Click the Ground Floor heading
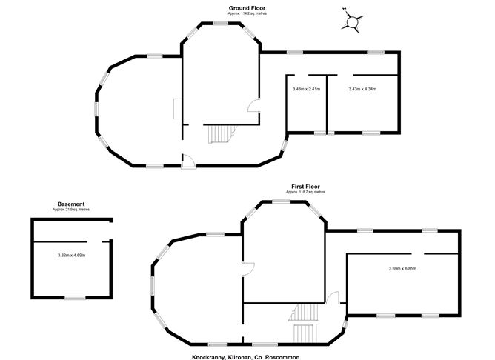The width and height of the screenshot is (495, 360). click(247, 8)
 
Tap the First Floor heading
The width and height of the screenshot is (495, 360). click(305, 187)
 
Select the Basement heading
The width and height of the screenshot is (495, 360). click(71, 204)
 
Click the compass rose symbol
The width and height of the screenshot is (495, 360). click(352, 21)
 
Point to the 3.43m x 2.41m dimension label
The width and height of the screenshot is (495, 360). click(306, 89)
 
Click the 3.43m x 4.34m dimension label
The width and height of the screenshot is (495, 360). click(362, 89)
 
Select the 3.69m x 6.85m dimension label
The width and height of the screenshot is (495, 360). click(402, 269)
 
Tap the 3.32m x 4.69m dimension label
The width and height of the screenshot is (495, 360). click(71, 256)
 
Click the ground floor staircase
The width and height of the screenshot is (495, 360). click(222, 134)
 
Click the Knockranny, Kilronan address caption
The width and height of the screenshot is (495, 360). click(246, 357)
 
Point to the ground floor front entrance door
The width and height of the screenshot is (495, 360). click(189, 161)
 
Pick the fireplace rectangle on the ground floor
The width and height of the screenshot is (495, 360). click(177, 109)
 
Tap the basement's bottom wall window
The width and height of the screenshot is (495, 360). click(75, 298)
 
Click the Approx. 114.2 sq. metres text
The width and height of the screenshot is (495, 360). click(247, 13)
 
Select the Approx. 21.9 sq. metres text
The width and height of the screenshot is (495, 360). click(71, 210)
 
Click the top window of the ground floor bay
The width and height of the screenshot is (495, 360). click(221, 23)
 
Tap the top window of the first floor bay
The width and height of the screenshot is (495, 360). click(282, 201)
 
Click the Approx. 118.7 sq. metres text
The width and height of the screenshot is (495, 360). click(305, 192)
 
